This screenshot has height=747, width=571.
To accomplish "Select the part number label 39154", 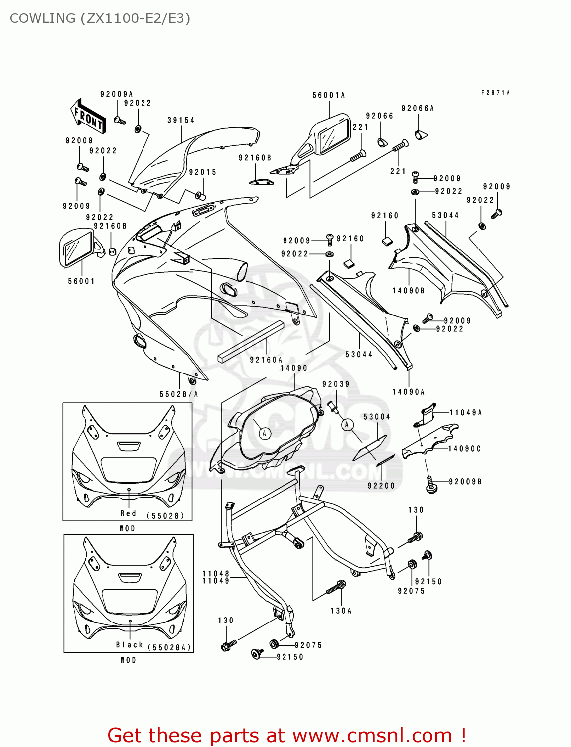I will (181, 120).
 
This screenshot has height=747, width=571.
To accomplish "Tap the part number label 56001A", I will (329, 95).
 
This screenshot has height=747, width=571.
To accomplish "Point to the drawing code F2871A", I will (495, 93).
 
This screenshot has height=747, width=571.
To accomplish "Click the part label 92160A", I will (266, 360).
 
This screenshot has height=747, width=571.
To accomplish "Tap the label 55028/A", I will (179, 394).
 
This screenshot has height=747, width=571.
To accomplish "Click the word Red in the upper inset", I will (128, 513).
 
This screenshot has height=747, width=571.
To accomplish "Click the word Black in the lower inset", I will (130, 645).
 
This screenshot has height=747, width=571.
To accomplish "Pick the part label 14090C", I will (464, 449).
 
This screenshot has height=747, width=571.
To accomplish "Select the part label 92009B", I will (465, 482).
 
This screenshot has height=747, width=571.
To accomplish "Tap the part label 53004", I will (377, 417).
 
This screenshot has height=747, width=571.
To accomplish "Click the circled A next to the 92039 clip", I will (347, 425).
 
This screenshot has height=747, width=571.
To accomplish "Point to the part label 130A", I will (341, 611).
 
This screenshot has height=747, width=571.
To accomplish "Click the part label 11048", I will (216, 574).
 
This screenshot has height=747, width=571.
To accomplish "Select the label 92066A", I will (418, 108).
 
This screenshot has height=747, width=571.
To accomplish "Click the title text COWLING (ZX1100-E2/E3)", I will (100, 18).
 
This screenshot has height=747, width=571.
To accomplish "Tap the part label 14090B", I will (408, 291).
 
